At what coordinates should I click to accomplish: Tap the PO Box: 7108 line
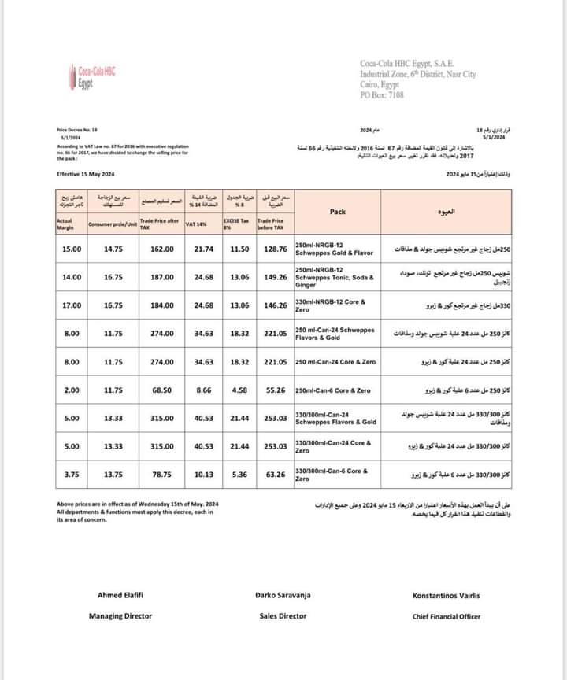[382, 95]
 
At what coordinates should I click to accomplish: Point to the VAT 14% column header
[197, 225]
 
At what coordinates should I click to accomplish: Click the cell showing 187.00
[161, 278]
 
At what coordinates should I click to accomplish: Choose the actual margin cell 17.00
[72, 305]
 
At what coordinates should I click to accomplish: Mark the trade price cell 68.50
[161, 390]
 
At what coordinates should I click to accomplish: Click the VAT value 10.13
[203, 475]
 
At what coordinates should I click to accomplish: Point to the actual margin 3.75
[72, 475]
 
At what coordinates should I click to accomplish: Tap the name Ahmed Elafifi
[120, 596]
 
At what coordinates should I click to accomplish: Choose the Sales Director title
[283, 616]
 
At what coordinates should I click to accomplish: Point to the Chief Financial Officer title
[447, 616]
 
